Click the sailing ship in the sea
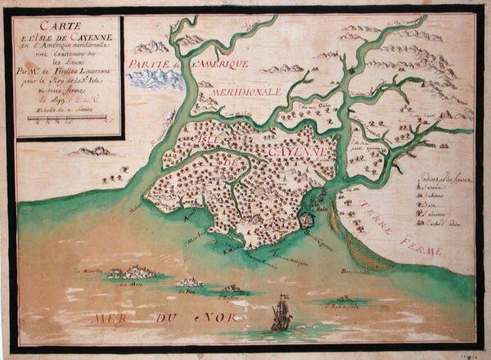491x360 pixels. pyautogui.click(x=281, y=314)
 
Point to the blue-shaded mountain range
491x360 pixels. pyautogui.click(x=154, y=79)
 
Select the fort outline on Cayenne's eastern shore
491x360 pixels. pyautogui.click(x=306, y=219)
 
